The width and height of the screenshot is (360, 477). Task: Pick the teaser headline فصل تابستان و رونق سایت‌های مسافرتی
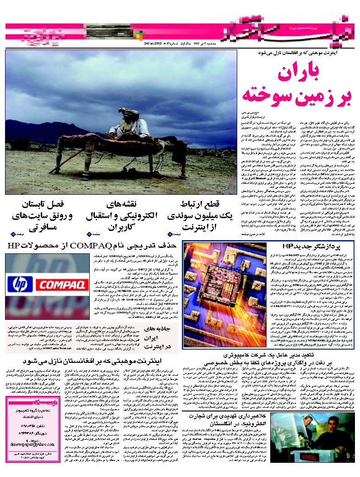41,215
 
